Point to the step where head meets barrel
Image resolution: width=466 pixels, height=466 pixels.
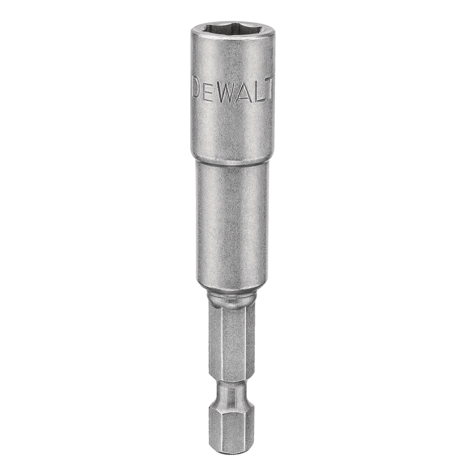(232, 162)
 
